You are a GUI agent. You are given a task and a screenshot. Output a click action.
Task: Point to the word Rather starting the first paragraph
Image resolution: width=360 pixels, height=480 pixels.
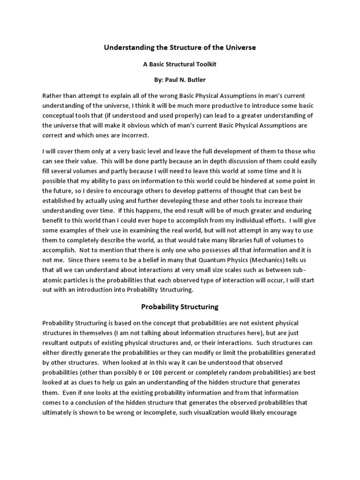(52, 95)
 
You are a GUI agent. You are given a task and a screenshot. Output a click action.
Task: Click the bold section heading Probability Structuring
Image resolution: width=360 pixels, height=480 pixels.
(180, 307)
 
